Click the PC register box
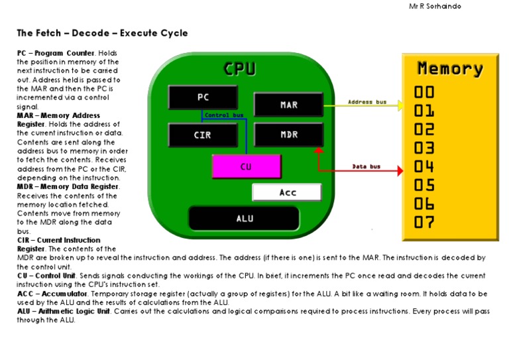203,97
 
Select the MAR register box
288,105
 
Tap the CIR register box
203,135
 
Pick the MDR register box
288,135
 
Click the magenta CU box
245,166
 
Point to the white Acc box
287,192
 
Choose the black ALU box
245,218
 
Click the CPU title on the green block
240,69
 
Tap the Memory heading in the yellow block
450,68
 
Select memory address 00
425,92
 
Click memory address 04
425,166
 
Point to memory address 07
425,222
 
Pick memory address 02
425,129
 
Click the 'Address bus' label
367,102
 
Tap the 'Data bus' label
366,166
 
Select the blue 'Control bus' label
224,115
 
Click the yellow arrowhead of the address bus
400,105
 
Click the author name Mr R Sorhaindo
435,7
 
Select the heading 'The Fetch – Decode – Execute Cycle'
102,33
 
